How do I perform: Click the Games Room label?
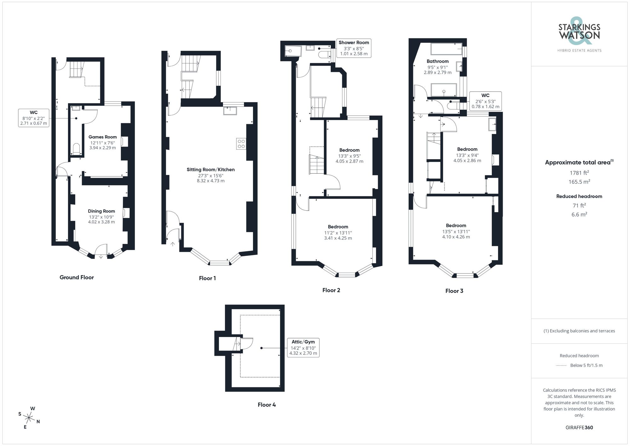(102, 137)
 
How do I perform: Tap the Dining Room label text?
(101, 211)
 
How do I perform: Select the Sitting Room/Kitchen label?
(210, 170)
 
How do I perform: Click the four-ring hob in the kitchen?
(241, 144)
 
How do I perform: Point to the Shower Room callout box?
(353, 48)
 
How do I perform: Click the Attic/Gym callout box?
(303, 348)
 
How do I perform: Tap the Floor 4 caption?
(266, 405)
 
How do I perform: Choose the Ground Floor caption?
(77, 277)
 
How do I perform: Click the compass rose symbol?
(29, 418)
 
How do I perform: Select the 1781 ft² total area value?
(579, 173)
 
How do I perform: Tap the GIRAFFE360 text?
(579, 428)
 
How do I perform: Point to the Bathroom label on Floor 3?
(438, 61)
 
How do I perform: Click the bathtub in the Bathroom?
(446, 49)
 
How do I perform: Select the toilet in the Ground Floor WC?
(76, 148)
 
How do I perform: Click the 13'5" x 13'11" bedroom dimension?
(456, 232)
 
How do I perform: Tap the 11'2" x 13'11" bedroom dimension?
(338, 233)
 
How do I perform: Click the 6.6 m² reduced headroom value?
(579, 215)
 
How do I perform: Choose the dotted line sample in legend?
(561, 366)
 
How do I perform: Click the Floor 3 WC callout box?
(485, 101)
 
